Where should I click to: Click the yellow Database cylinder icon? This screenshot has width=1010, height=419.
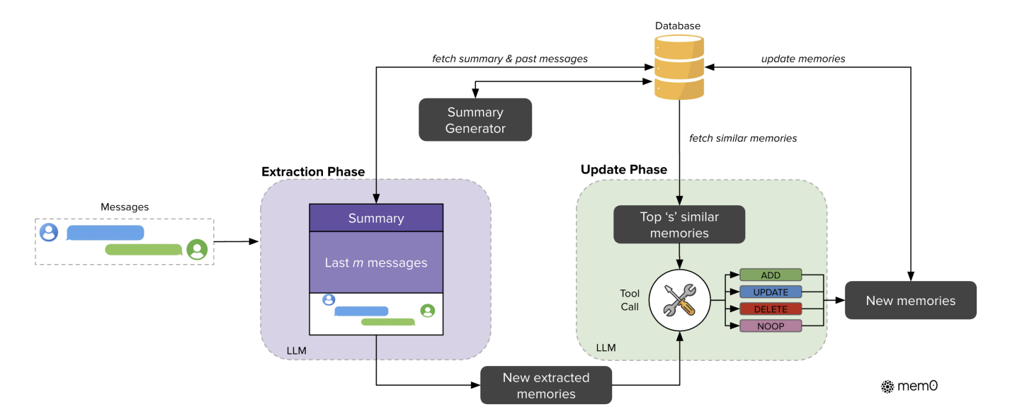point(679,67)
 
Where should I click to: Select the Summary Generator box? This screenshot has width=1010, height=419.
point(475,120)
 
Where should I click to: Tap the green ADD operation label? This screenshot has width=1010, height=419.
point(771,275)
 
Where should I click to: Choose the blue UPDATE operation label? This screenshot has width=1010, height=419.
point(771,292)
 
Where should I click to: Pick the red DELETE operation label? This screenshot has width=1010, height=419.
point(771,309)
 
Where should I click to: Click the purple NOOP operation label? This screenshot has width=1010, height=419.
point(771,326)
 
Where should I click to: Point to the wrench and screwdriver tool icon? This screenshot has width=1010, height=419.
point(679,300)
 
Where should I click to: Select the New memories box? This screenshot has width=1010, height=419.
point(911,301)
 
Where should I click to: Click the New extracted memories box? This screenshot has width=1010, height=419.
point(546,385)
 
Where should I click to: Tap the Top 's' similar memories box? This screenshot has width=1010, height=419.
point(679,225)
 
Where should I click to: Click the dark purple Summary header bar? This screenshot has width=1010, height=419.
point(376,218)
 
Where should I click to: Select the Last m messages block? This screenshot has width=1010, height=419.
point(376,262)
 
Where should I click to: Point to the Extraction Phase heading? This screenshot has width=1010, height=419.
point(313,172)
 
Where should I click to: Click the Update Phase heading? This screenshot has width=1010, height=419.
point(623,169)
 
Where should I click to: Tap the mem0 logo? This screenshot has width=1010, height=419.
point(909,386)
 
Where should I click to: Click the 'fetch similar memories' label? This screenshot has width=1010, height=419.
point(743,138)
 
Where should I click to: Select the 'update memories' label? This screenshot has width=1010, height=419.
point(803,59)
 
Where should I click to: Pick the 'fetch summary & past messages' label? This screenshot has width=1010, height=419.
point(510,59)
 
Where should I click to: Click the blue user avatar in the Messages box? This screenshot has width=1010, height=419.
point(49,232)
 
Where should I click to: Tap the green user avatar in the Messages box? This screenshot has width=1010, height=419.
point(197,249)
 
